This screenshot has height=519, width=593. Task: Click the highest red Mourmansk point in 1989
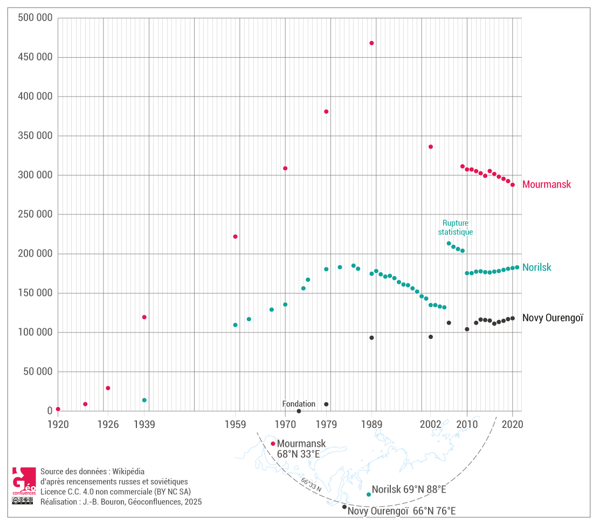click(371, 43)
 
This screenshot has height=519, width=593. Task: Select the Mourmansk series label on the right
click(547, 184)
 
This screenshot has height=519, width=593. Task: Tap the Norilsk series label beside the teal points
click(537, 267)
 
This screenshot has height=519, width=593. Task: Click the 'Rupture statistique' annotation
click(455, 227)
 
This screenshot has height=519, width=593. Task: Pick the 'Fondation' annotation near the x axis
click(299, 404)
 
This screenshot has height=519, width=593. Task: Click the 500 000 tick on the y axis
click(35, 18)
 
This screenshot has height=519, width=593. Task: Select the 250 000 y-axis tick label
click(35, 214)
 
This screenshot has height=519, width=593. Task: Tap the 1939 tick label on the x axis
click(144, 424)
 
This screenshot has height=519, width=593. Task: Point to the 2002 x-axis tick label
click(430, 424)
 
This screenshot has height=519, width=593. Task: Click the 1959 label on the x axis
click(236, 424)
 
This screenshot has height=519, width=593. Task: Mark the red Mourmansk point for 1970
click(285, 168)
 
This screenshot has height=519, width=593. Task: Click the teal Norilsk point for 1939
click(144, 400)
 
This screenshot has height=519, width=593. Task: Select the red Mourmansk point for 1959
click(236, 237)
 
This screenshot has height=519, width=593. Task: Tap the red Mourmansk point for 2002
click(431, 147)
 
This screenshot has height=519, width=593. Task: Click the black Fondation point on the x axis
click(299, 411)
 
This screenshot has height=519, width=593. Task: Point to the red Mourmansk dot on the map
click(273, 444)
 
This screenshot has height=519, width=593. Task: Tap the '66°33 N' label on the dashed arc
click(311, 485)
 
